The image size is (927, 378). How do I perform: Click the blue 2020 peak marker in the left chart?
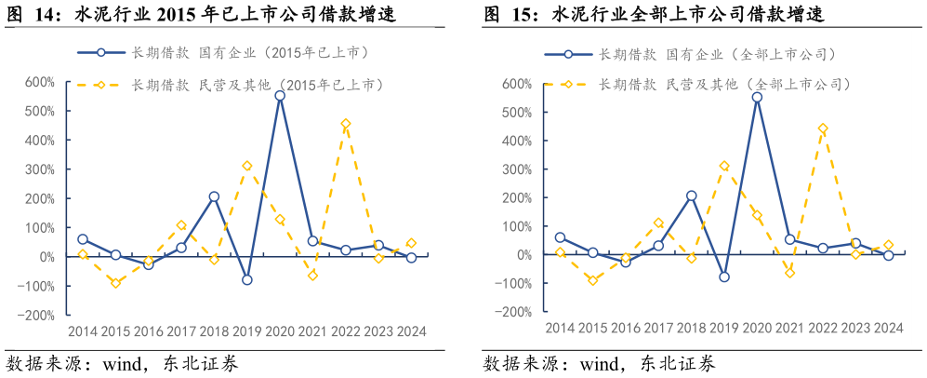tap(280, 96)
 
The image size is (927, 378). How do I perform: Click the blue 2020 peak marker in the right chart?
tap(757, 97)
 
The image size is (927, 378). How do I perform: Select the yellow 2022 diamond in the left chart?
tap(346, 124)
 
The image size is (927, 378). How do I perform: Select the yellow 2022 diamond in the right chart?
tap(823, 128)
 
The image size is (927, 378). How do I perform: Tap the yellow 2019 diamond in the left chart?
tap(247, 166)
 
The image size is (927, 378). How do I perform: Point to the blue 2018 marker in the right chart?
tap(691, 196)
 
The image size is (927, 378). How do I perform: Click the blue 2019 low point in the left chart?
tap(247, 279)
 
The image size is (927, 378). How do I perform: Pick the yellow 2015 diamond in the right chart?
tap(592, 280)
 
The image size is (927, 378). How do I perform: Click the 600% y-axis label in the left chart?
tap(39, 82)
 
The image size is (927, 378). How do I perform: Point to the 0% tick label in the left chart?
tap(46, 257)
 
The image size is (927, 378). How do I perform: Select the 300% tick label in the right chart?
tap(516, 169)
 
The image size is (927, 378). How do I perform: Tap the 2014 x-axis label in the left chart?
tap(83, 331)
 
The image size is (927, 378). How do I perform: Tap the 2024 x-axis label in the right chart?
tap(889, 328)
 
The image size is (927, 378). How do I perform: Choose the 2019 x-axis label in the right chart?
tap(723, 328)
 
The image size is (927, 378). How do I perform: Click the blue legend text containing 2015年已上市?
tap(251, 54)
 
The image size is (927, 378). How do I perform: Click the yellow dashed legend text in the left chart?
tap(257, 85)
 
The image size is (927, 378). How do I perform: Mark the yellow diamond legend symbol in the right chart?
tap(567, 85)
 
